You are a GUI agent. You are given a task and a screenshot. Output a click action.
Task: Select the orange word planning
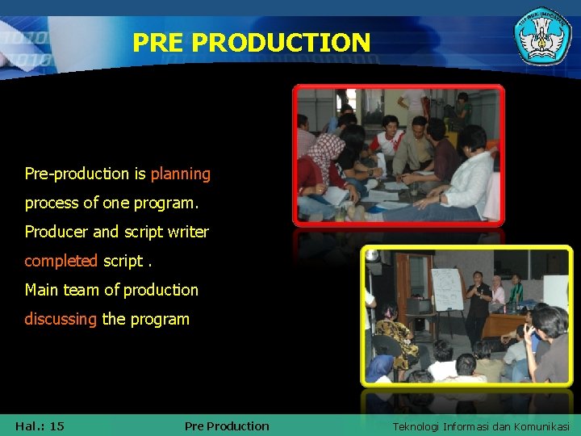click(x=180, y=174)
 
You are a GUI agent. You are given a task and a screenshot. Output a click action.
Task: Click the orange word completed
click(x=61, y=261)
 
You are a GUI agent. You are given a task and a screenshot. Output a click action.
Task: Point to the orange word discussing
click(x=61, y=319)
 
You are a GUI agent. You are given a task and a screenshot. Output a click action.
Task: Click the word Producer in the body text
click(x=56, y=232)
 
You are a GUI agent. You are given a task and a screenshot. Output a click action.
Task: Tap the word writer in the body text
click(x=188, y=232)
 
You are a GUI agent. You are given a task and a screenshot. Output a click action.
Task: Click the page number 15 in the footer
click(x=56, y=426)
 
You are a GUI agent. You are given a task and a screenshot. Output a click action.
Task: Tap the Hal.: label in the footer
click(x=28, y=426)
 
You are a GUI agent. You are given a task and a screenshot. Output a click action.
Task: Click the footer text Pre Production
click(x=227, y=426)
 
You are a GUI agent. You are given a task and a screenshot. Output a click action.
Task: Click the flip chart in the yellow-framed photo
click(x=447, y=289)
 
